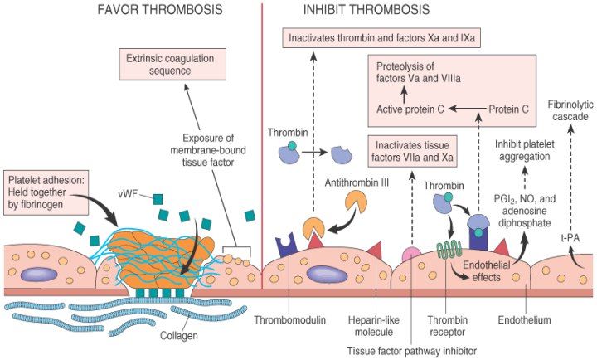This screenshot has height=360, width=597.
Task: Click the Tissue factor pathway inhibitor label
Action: [x=410, y=350]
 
